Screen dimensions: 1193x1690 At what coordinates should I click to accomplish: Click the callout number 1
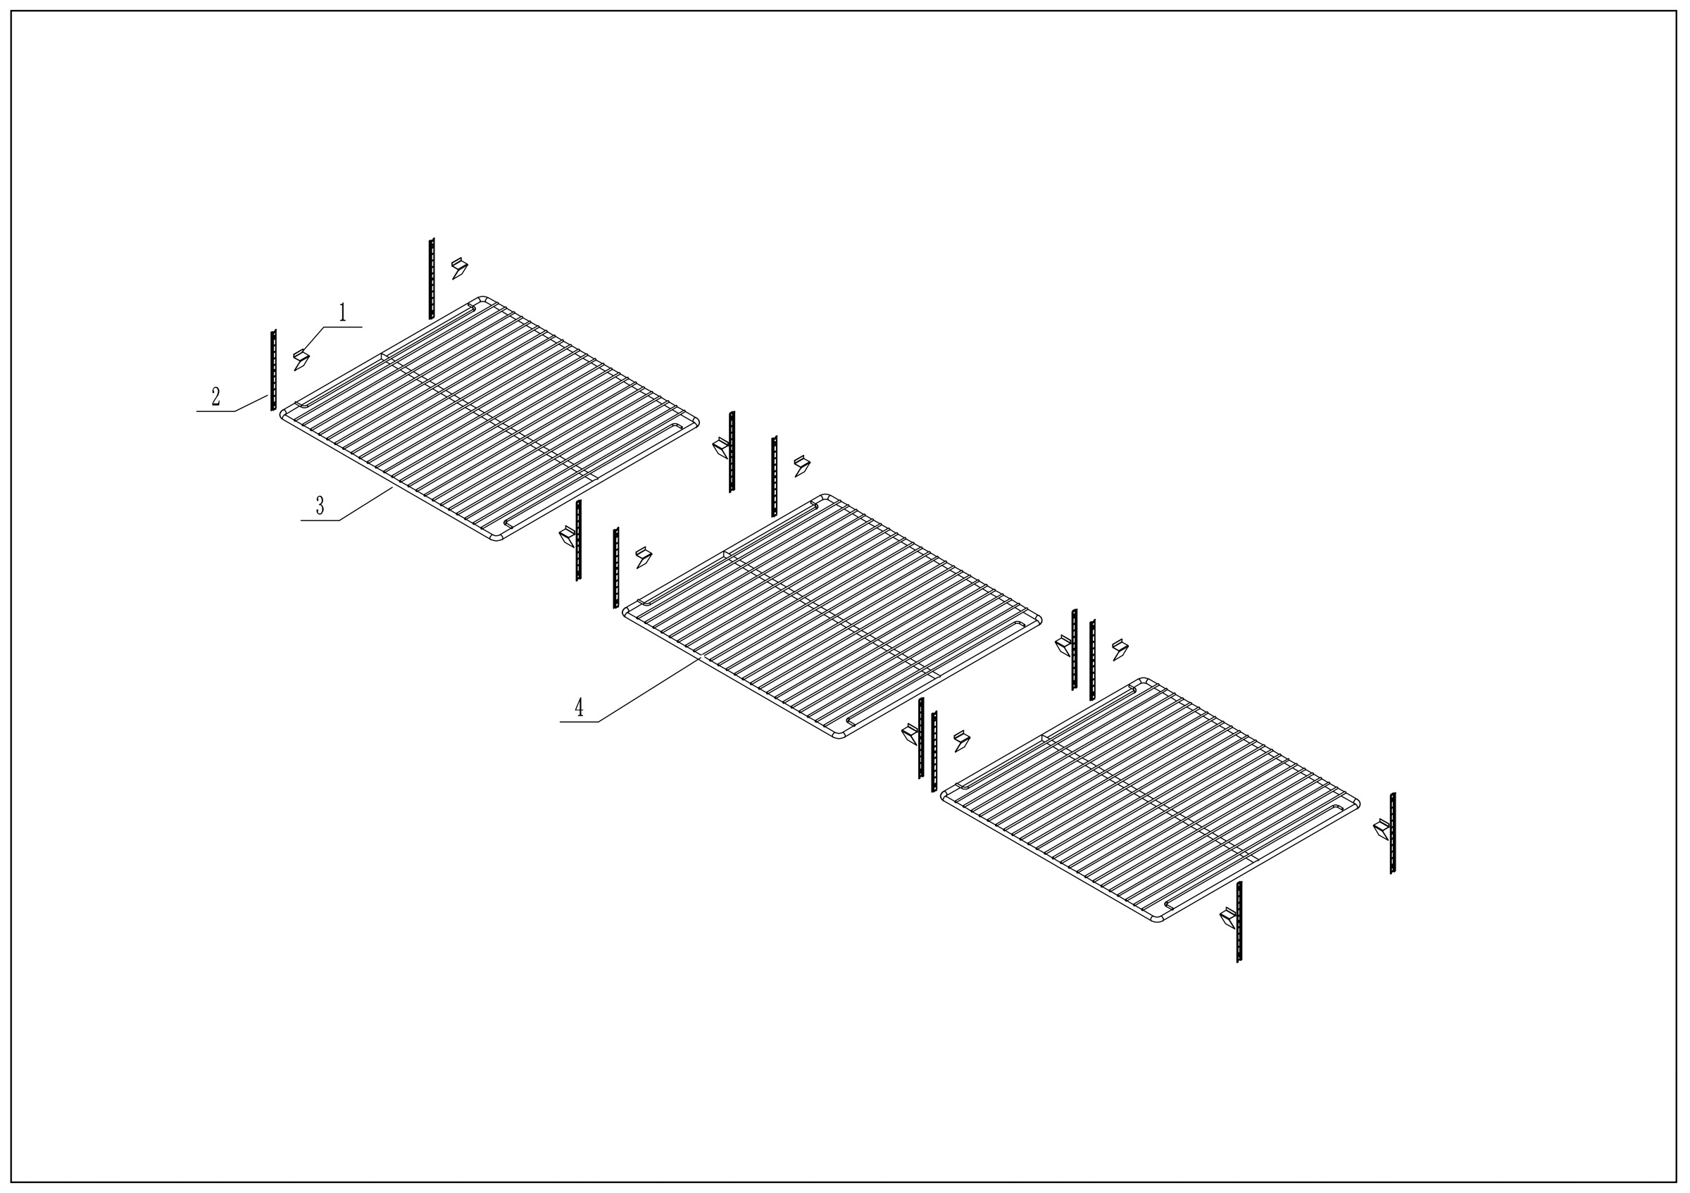coord(342,313)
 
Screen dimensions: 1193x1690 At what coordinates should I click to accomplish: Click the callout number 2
coord(215,397)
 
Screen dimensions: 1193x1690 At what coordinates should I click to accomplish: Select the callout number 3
coord(320,506)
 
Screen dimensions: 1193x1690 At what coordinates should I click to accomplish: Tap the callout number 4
coord(580,708)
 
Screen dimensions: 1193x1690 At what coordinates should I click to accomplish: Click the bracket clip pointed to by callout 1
coord(301,360)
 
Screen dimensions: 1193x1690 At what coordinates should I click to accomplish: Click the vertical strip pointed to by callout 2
coord(273,370)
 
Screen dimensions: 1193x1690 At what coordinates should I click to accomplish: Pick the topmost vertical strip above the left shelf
coord(432,278)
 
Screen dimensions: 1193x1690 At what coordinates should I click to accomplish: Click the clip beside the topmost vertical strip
coord(459,268)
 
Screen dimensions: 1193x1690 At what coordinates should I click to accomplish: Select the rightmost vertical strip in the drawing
coord(1392,833)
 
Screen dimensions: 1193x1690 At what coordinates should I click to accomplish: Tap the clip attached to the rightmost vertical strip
coord(1382,830)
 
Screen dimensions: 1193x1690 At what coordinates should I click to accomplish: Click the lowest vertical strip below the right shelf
coord(1239,921)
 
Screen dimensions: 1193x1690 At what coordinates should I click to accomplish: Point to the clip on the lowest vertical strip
coord(1229,917)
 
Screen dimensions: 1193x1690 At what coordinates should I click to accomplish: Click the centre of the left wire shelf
coord(489,418)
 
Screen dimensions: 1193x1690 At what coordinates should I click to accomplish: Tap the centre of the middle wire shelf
coord(832,616)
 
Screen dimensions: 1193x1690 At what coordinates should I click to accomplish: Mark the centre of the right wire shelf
coord(1151,799)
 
